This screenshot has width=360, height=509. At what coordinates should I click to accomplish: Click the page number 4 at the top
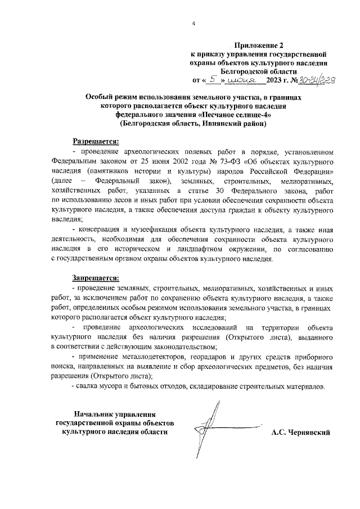pyautogui.click(x=193, y=24)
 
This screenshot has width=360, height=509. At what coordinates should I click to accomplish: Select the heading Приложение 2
pyautogui.click(x=259, y=45)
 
